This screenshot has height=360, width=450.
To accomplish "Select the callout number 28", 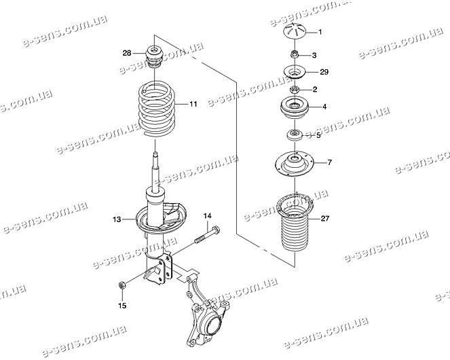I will click(127, 52).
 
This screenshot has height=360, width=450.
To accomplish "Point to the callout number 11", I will click(193, 104).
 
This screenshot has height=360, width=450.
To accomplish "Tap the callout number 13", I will click(117, 219).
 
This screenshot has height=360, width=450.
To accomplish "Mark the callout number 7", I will click(329, 162).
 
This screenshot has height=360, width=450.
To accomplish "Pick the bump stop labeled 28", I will click(153, 56).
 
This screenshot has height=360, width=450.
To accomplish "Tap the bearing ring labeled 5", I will click(295, 134).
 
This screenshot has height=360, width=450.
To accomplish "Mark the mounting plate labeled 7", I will click(295, 164).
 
